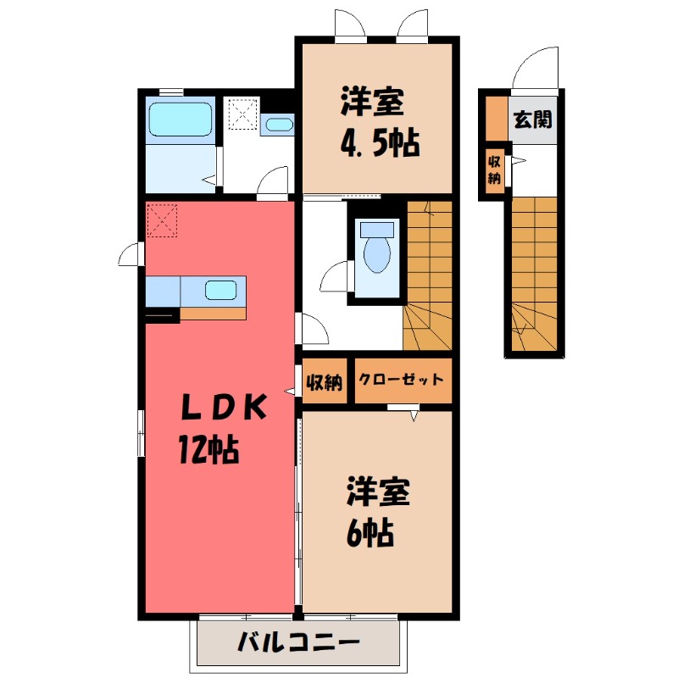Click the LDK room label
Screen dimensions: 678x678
[x=225, y=408]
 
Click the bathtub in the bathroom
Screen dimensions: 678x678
[x=180, y=119]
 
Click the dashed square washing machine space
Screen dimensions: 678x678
[x=242, y=113]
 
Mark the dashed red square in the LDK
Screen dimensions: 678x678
[x=163, y=220]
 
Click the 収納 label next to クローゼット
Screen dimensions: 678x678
[x=324, y=382]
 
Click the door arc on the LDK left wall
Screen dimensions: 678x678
[x=131, y=253]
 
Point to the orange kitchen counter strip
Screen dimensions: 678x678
[x=213, y=313]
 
